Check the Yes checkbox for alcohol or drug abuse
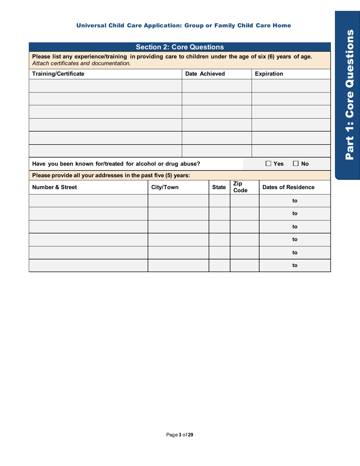[268, 164]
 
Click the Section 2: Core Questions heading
[179, 47]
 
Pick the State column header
[219, 187]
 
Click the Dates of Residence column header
[295, 187]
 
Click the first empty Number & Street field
[88, 200]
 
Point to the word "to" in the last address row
[295, 265]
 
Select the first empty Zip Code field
[244, 200]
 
